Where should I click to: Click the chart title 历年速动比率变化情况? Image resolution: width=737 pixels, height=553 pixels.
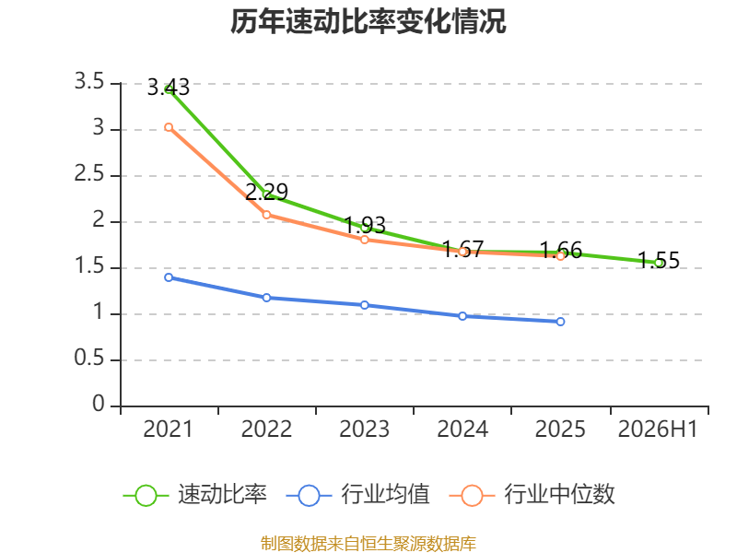pyautogui.click(x=368, y=21)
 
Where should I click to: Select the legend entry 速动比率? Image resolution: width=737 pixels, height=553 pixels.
pyautogui.click(x=195, y=495)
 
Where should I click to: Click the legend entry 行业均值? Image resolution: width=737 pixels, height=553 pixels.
pyautogui.click(x=357, y=495)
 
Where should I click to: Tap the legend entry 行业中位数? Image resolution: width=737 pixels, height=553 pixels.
pyautogui.click(x=532, y=495)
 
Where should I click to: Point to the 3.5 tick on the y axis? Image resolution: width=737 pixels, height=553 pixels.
pyautogui.click(x=89, y=82)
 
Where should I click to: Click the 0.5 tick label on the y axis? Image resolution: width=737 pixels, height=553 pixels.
pyautogui.click(x=89, y=359)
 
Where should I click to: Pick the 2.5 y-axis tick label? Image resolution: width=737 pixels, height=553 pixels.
pyautogui.click(x=89, y=174)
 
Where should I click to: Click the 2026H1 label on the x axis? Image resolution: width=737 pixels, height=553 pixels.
pyautogui.click(x=658, y=429)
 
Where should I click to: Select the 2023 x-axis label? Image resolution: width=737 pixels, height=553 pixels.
pyautogui.click(x=364, y=429)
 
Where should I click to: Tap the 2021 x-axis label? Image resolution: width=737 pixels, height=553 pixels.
pyautogui.click(x=169, y=429)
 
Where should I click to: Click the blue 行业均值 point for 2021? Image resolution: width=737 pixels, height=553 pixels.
pyautogui.click(x=169, y=277)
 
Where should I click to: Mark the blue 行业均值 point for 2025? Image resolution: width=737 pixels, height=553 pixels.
pyautogui.click(x=560, y=322)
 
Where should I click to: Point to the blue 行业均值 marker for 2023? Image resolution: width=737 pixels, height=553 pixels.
pyautogui.click(x=364, y=305)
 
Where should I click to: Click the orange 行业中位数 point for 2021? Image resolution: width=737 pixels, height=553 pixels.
pyautogui.click(x=169, y=127)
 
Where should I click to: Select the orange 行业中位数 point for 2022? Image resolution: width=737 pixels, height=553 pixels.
pyautogui.click(x=266, y=215)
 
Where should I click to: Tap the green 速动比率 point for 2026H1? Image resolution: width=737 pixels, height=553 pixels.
pyautogui.click(x=659, y=264)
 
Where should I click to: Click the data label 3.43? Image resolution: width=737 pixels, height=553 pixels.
pyautogui.click(x=169, y=88)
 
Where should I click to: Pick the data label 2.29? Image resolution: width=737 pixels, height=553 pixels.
pyautogui.click(x=266, y=192)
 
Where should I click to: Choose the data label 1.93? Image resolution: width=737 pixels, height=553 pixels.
pyautogui.click(x=365, y=225)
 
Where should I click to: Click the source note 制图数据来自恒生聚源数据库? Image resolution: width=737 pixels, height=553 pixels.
pyautogui.click(x=368, y=544)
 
